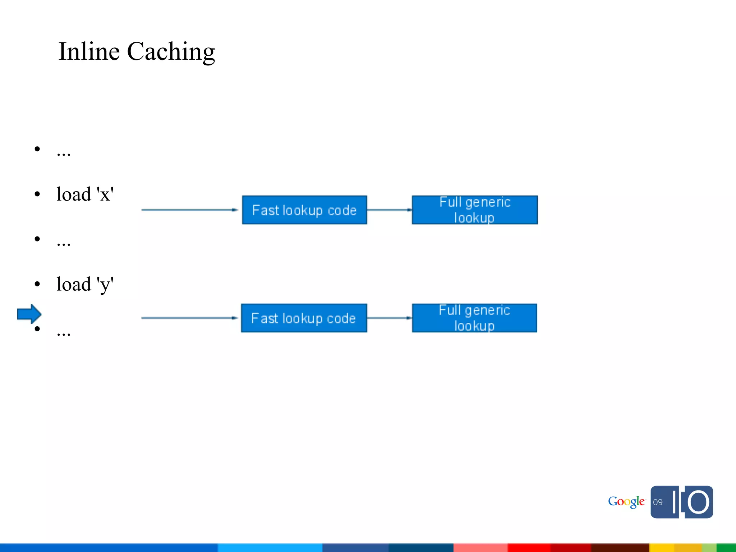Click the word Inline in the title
[x=89, y=51]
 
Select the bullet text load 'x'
[x=85, y=194]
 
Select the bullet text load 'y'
[x=85, y=284]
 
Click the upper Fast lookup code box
[x=304, y=210]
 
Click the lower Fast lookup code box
[x=304, y=318]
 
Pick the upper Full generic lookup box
[x=474, y=210]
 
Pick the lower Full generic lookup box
[x=474, y=318]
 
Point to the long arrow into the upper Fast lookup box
[x=189, y=210]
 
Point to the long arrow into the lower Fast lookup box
[x=189, y=318]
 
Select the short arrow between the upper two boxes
[x=389, y=210]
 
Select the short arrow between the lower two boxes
[x=389, y=318]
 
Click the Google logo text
[x=626, y=502]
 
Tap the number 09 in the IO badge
[x=658, y=502]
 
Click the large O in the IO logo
[x=698, y=502]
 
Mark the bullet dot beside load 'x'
[x=37, y=194]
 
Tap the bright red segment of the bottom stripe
[x=528, y=548]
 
